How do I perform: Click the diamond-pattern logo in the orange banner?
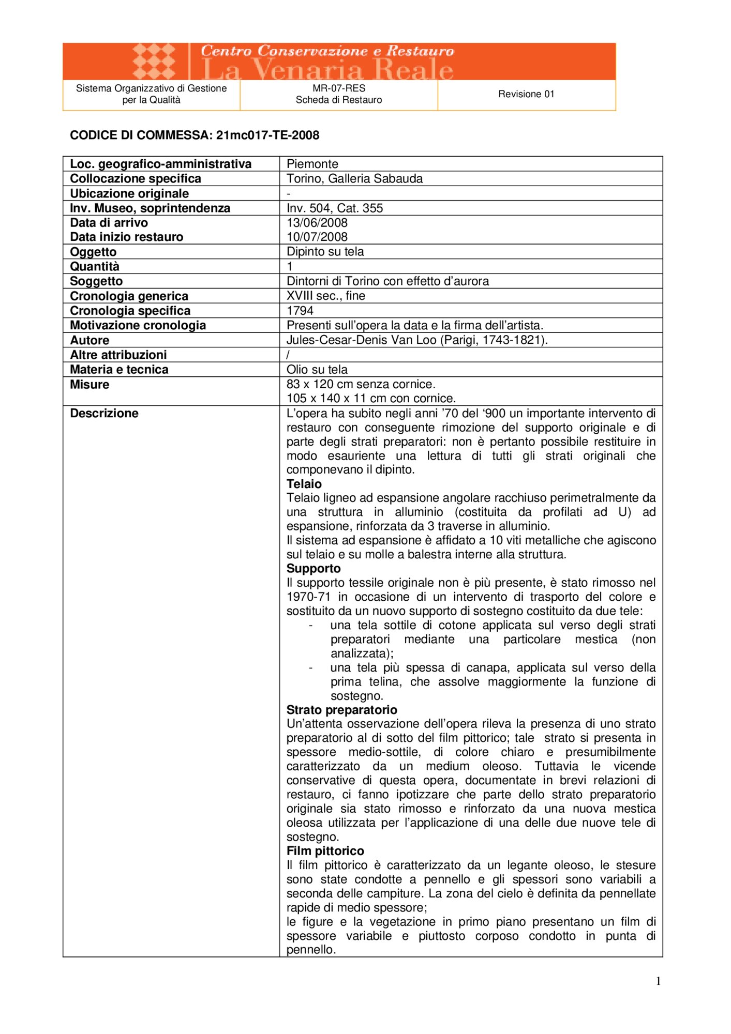click(154, 62)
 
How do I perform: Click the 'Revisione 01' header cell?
click(526, 94)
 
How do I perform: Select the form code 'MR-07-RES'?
click(339, 88)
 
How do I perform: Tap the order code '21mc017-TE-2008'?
click(267, 135)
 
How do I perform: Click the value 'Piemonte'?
click(312, 164)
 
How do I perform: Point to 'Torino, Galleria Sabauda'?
click(354, 178)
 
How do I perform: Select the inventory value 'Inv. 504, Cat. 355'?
click(335, 208)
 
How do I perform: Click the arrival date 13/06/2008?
click(317, 223)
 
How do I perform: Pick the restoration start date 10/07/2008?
click(317, 237)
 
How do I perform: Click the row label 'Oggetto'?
click(93, 252)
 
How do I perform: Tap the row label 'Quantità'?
click(95, 266)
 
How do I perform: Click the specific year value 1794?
click(300, 310)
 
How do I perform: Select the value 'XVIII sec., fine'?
click(326, 296)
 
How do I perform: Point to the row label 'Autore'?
click(89, 340)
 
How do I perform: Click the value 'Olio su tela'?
click(317, 369)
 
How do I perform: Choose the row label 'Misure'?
click(89, 384)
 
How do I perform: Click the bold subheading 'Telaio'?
click(304, 484)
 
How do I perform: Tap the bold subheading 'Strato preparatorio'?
click(342, 710)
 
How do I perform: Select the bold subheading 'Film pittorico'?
click(325, 851)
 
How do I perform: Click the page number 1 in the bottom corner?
click(658, 981)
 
